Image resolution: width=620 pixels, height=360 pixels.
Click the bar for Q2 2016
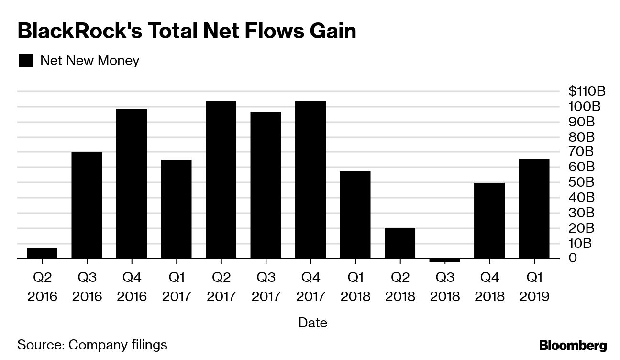coord(42,253)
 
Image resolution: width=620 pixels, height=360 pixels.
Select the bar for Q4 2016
coord(132,183)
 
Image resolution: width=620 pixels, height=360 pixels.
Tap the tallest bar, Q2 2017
coord(221,179)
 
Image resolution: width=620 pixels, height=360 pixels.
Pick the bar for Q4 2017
coord(310,180)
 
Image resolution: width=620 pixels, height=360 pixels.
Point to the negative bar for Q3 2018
coord(444,260)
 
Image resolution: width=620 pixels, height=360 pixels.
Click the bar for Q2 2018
coord(400,243)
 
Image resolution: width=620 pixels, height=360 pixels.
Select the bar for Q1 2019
coord(534,208)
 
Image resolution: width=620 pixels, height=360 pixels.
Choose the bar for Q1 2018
coord(355,214)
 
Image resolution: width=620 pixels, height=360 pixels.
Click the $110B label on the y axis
coord(587,91)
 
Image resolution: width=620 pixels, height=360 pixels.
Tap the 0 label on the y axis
coord(573,259)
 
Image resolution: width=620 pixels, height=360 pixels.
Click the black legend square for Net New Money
coord(25,61)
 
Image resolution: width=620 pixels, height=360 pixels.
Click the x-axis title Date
coord(312,323)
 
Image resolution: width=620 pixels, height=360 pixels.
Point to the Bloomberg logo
coord(573,345)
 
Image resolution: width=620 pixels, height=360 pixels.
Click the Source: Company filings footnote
coord(92,345)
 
